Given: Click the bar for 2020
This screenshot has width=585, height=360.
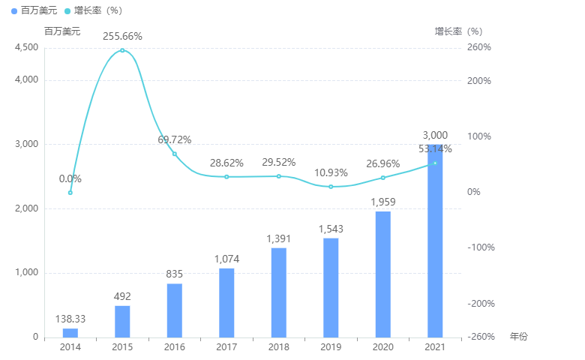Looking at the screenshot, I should pyautogui.click(x=382, y=274).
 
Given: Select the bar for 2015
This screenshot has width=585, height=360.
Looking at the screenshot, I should pyautogui.click(x=122, y=321).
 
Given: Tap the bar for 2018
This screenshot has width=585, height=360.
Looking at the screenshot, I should pyautogui.click(x=278, y=292).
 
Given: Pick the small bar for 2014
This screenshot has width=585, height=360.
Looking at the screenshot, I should pyautogui.click(x=70, y=332).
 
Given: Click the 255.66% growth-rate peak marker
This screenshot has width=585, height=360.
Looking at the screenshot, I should pyautogui.click(x=122, y=50).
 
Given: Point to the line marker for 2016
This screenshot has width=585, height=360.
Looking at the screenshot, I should pyautogui.click(x=175, y=154).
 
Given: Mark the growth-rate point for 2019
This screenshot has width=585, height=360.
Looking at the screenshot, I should pyautogui.click(x=331, y=187).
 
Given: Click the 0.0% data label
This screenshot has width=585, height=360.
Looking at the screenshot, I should pyautogui.click(x=70, y=178).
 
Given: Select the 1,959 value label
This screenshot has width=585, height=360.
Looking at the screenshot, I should pyautogui.click(x=382, y=202).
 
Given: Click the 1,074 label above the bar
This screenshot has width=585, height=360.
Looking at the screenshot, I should pyautogui.click(x=226, y=259).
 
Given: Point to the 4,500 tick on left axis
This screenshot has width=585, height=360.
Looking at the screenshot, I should pyautogui.click(x=26, y=47).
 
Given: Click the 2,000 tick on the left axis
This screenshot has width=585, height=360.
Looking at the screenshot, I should pyautogui.click(x=26, y=208).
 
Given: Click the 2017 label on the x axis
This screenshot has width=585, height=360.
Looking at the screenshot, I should pyautogui.click(x=226, y=347).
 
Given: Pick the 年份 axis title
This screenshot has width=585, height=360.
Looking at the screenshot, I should pyautogui.click(x=518, y=337).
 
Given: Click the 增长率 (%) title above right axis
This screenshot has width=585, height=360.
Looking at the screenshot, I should pyautogui.click(x=458, y=31).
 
